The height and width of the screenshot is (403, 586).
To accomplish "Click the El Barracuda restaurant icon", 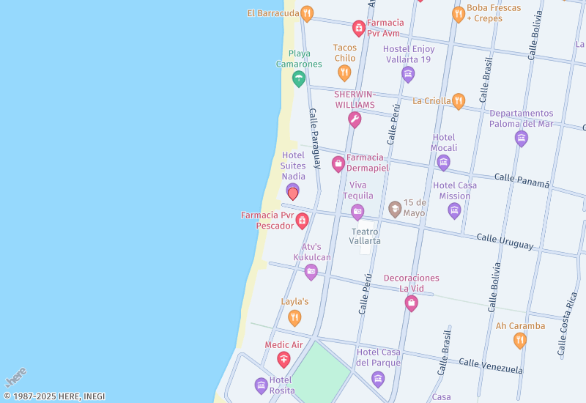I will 307,13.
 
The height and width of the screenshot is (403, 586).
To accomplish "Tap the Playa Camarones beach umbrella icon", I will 298,78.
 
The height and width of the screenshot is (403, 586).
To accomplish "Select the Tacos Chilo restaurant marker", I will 344,72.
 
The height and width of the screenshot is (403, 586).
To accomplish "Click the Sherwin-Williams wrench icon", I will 355,119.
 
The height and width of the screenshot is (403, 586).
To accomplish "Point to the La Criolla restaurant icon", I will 459,101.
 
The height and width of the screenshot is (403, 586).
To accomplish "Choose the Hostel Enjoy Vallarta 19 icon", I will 408,73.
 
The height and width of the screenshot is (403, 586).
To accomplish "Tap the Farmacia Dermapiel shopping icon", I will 338,163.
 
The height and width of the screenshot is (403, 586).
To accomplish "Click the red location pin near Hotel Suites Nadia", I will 293,193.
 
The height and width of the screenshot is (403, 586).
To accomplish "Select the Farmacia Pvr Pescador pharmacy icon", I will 302,220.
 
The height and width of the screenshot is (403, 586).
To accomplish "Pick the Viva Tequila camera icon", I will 357,212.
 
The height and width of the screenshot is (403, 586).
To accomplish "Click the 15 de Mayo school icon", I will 395,209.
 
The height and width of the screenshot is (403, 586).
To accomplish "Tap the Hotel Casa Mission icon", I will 454,211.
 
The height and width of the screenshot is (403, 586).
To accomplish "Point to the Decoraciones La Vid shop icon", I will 411,302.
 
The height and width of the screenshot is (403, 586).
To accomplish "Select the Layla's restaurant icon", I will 294,317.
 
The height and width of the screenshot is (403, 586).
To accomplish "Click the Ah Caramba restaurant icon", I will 520,340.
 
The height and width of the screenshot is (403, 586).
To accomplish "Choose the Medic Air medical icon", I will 283,359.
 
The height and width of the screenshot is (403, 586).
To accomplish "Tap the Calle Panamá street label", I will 522,180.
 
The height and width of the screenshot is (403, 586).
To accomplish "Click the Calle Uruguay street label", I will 505,240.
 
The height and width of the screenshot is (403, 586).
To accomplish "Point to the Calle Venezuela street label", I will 491,365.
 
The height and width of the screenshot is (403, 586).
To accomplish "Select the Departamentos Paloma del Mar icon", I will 522,138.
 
